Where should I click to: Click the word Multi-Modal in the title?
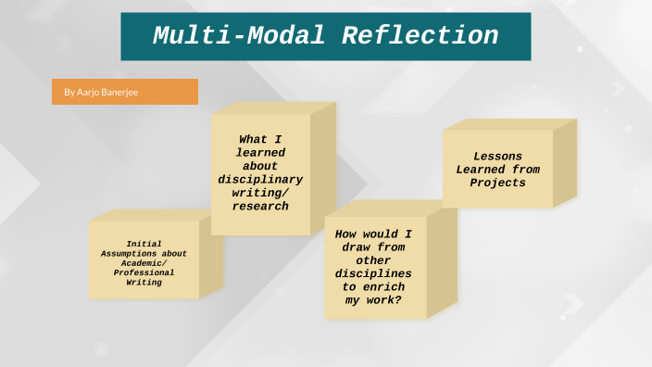pyautogui.click(x=239, y=36)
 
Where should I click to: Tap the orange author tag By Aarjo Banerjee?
pyautogui.click(x=125, y=92)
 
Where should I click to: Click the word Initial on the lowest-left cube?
pyautogui.click(x=144, y=244)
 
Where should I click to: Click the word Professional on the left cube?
pyautogui.click(x=144, y=272)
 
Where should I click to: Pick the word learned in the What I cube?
pyautogui.click(x=260, y=153)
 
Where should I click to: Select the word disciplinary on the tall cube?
pyautogui.click(x=260, y=179)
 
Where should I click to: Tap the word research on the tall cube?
pyautogui.click(x=260, y=206)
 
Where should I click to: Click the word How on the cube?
pyautogui.click(x=346, y=234)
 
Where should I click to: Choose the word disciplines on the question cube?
pyautogui.click(x=375, y=274)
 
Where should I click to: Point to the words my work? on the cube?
pyautogui.click(x=375, y=300)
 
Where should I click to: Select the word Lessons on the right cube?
pyautogui.click(x=497, y=157)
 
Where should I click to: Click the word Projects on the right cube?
pyautogui.click(x=497, y=183)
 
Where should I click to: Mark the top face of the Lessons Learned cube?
pyautogui.click(x=509, y=124)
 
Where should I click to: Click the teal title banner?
pyautogui.click(x=325, y=36)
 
